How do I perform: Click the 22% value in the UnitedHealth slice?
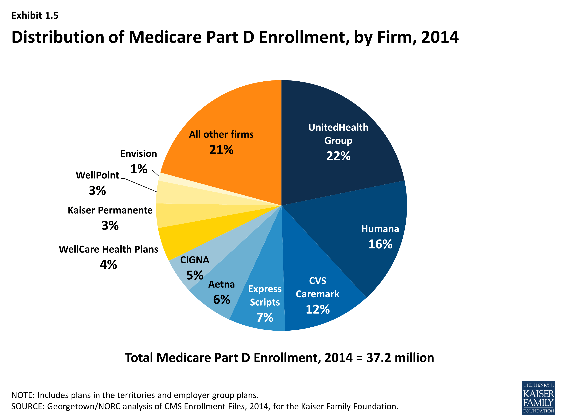tap(338, 156)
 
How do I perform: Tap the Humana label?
tap(380, 229)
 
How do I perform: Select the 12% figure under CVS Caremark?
tap(318, 309)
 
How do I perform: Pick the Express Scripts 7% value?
tap(265, 318)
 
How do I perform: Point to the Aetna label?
tap(221, 284)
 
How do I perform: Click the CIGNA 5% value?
tap(194, 275)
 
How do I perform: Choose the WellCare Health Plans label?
tap(108, 249)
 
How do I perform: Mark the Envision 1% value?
tap(139, 169)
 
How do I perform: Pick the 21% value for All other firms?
tap(221, 150)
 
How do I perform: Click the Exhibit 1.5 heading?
tap(35, 16)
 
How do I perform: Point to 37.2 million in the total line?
tap(400, 358)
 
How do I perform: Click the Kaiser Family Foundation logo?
tap(538, 397)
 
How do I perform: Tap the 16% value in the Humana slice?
tap(380, 244)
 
